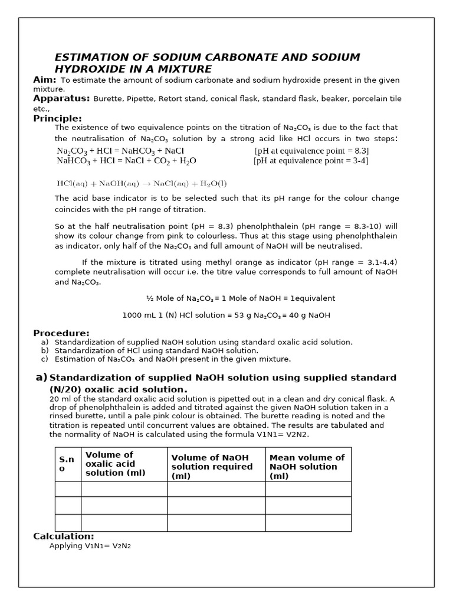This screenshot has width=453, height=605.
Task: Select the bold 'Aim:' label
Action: [45, 80]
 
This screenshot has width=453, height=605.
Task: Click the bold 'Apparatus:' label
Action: [61, 99]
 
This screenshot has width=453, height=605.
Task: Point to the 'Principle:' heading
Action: [57, 118]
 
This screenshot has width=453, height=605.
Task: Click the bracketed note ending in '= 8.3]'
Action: [311, 151]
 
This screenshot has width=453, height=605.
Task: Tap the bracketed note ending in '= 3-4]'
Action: [311, 161]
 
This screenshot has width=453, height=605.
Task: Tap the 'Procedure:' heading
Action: [61, 333]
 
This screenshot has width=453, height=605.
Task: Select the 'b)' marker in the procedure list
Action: [44, 350]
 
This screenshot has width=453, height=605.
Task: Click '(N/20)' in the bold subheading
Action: [65, 389]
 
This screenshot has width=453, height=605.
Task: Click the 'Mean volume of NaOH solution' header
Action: [307, 466]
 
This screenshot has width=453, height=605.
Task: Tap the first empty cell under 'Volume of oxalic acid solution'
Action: [124, 489]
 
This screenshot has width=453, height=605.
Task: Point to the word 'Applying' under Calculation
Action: [66, 546]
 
